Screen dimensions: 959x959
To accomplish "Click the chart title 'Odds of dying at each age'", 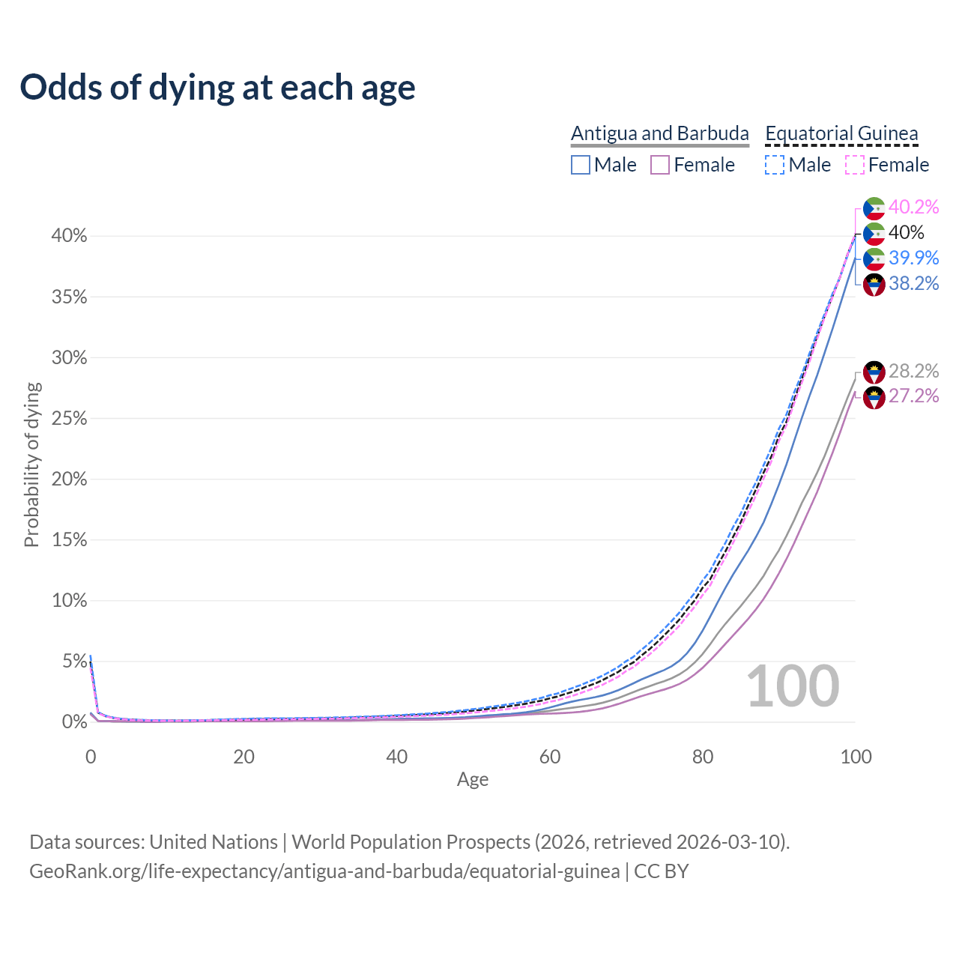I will (x=217, y=88).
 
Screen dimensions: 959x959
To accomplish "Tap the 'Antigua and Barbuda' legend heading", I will (x=659, y=133).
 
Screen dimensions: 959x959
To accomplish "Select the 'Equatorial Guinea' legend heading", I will (x=841, y=133).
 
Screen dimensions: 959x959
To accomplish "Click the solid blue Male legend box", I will (x=581, y=165).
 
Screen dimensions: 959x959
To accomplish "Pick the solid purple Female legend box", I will (x=660, y=165).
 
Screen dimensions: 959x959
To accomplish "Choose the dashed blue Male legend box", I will (x=775, y=165).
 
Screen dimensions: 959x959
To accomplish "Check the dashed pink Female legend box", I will (x=855, y=165).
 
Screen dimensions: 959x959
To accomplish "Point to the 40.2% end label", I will (x=914, y=207).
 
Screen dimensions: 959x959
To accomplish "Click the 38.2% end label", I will (x=914, y=283).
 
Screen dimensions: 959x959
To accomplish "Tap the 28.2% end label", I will (x=914, y=371).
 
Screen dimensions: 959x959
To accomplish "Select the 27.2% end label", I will (x=914, y=396).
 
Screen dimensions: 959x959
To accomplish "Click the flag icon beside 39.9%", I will (x=874, y=258).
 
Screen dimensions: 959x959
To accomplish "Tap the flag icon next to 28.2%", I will (x=874, y=372).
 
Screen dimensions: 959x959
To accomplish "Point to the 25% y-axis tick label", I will (x=69, y=419).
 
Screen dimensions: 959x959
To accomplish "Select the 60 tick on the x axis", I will (x=550, y=757).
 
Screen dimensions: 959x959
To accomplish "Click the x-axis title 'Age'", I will (x=473, y=780).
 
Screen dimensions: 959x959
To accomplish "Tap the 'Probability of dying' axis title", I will (x=31, y=465).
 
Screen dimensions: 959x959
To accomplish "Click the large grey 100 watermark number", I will (x=793, y=686).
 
